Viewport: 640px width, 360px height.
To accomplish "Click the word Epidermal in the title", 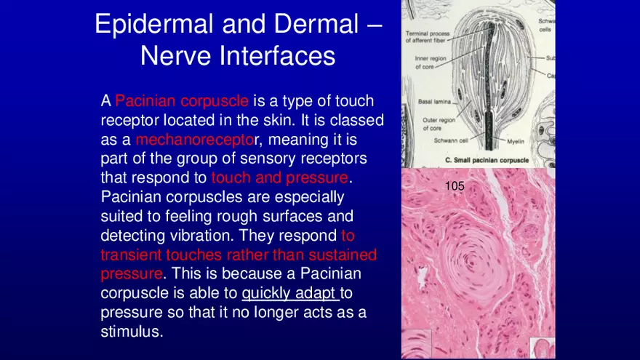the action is (154, 24).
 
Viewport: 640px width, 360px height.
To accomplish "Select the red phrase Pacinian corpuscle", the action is (182, 101).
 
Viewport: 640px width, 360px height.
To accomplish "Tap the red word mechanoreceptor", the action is (195, 140).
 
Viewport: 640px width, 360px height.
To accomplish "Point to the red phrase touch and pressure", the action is (279, 177).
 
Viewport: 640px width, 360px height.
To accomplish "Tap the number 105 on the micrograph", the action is (455, 186).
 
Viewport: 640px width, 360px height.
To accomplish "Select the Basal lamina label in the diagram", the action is (434, 102).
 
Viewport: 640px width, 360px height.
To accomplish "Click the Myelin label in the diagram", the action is (516, 142).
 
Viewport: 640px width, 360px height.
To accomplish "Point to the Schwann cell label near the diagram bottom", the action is (451, 140).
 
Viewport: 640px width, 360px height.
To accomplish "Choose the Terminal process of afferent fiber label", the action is (427, 37).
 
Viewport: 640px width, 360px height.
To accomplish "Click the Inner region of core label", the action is (431, 63).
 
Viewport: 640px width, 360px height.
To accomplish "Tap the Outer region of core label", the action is (439, 124).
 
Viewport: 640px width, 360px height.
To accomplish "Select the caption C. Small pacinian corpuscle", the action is (487, 161).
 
